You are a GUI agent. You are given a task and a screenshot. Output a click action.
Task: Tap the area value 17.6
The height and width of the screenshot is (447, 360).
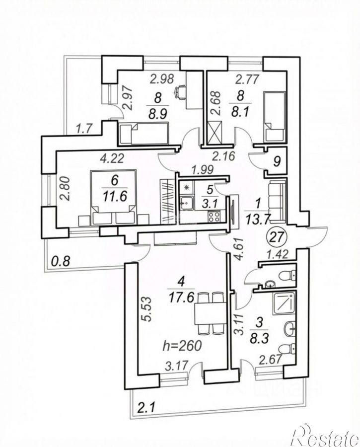tap(181, 298)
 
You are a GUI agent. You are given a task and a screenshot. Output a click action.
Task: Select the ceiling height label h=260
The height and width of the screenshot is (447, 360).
tap(182, 346)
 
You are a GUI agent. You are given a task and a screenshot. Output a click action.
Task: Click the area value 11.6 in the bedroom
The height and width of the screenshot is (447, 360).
tap(115, 196)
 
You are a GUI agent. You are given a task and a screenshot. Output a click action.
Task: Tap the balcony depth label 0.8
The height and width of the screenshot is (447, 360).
tap(61, 261)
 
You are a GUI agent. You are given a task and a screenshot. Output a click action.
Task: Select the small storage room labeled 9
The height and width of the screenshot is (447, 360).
tap(276, 162)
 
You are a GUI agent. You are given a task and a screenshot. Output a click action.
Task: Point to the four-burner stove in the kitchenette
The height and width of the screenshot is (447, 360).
tap(214, 216)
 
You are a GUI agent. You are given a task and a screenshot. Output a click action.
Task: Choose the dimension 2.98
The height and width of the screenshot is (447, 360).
tap(162, 79)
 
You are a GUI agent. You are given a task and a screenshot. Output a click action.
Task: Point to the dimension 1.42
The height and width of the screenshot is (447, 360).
tap(275, 253)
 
